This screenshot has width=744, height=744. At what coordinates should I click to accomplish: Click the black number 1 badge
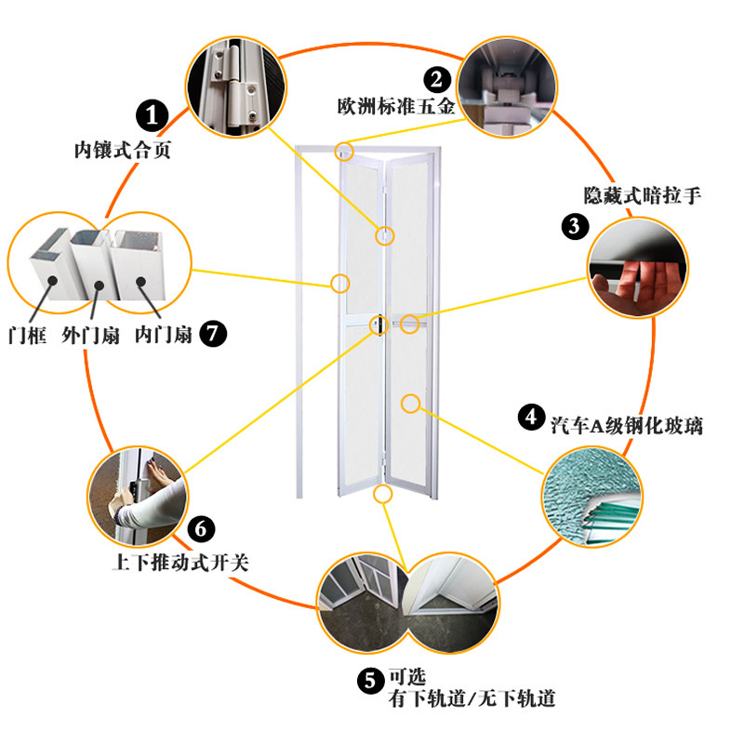click(x=153, y=115)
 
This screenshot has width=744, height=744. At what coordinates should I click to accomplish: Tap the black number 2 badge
click(x=437, y=79)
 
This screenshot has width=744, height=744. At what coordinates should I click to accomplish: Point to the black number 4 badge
click(x=530, y=418)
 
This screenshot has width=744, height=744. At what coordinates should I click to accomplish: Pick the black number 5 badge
click(x=368, y=682)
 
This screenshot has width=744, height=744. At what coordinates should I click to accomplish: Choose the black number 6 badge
click(x=202, y=529)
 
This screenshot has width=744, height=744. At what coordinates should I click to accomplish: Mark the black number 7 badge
click(x=213, y=333)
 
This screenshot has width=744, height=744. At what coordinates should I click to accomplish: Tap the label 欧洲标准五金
click(x=395, y=106)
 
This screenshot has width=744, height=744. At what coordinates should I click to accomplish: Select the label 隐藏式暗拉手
click(x=642, y=195)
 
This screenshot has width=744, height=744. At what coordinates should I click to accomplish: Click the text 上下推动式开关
click(x=179, y=563)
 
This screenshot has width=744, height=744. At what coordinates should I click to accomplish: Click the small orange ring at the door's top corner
click(x=345, y=149)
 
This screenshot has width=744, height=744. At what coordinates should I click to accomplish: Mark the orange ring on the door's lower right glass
click(x=411, y=404)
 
